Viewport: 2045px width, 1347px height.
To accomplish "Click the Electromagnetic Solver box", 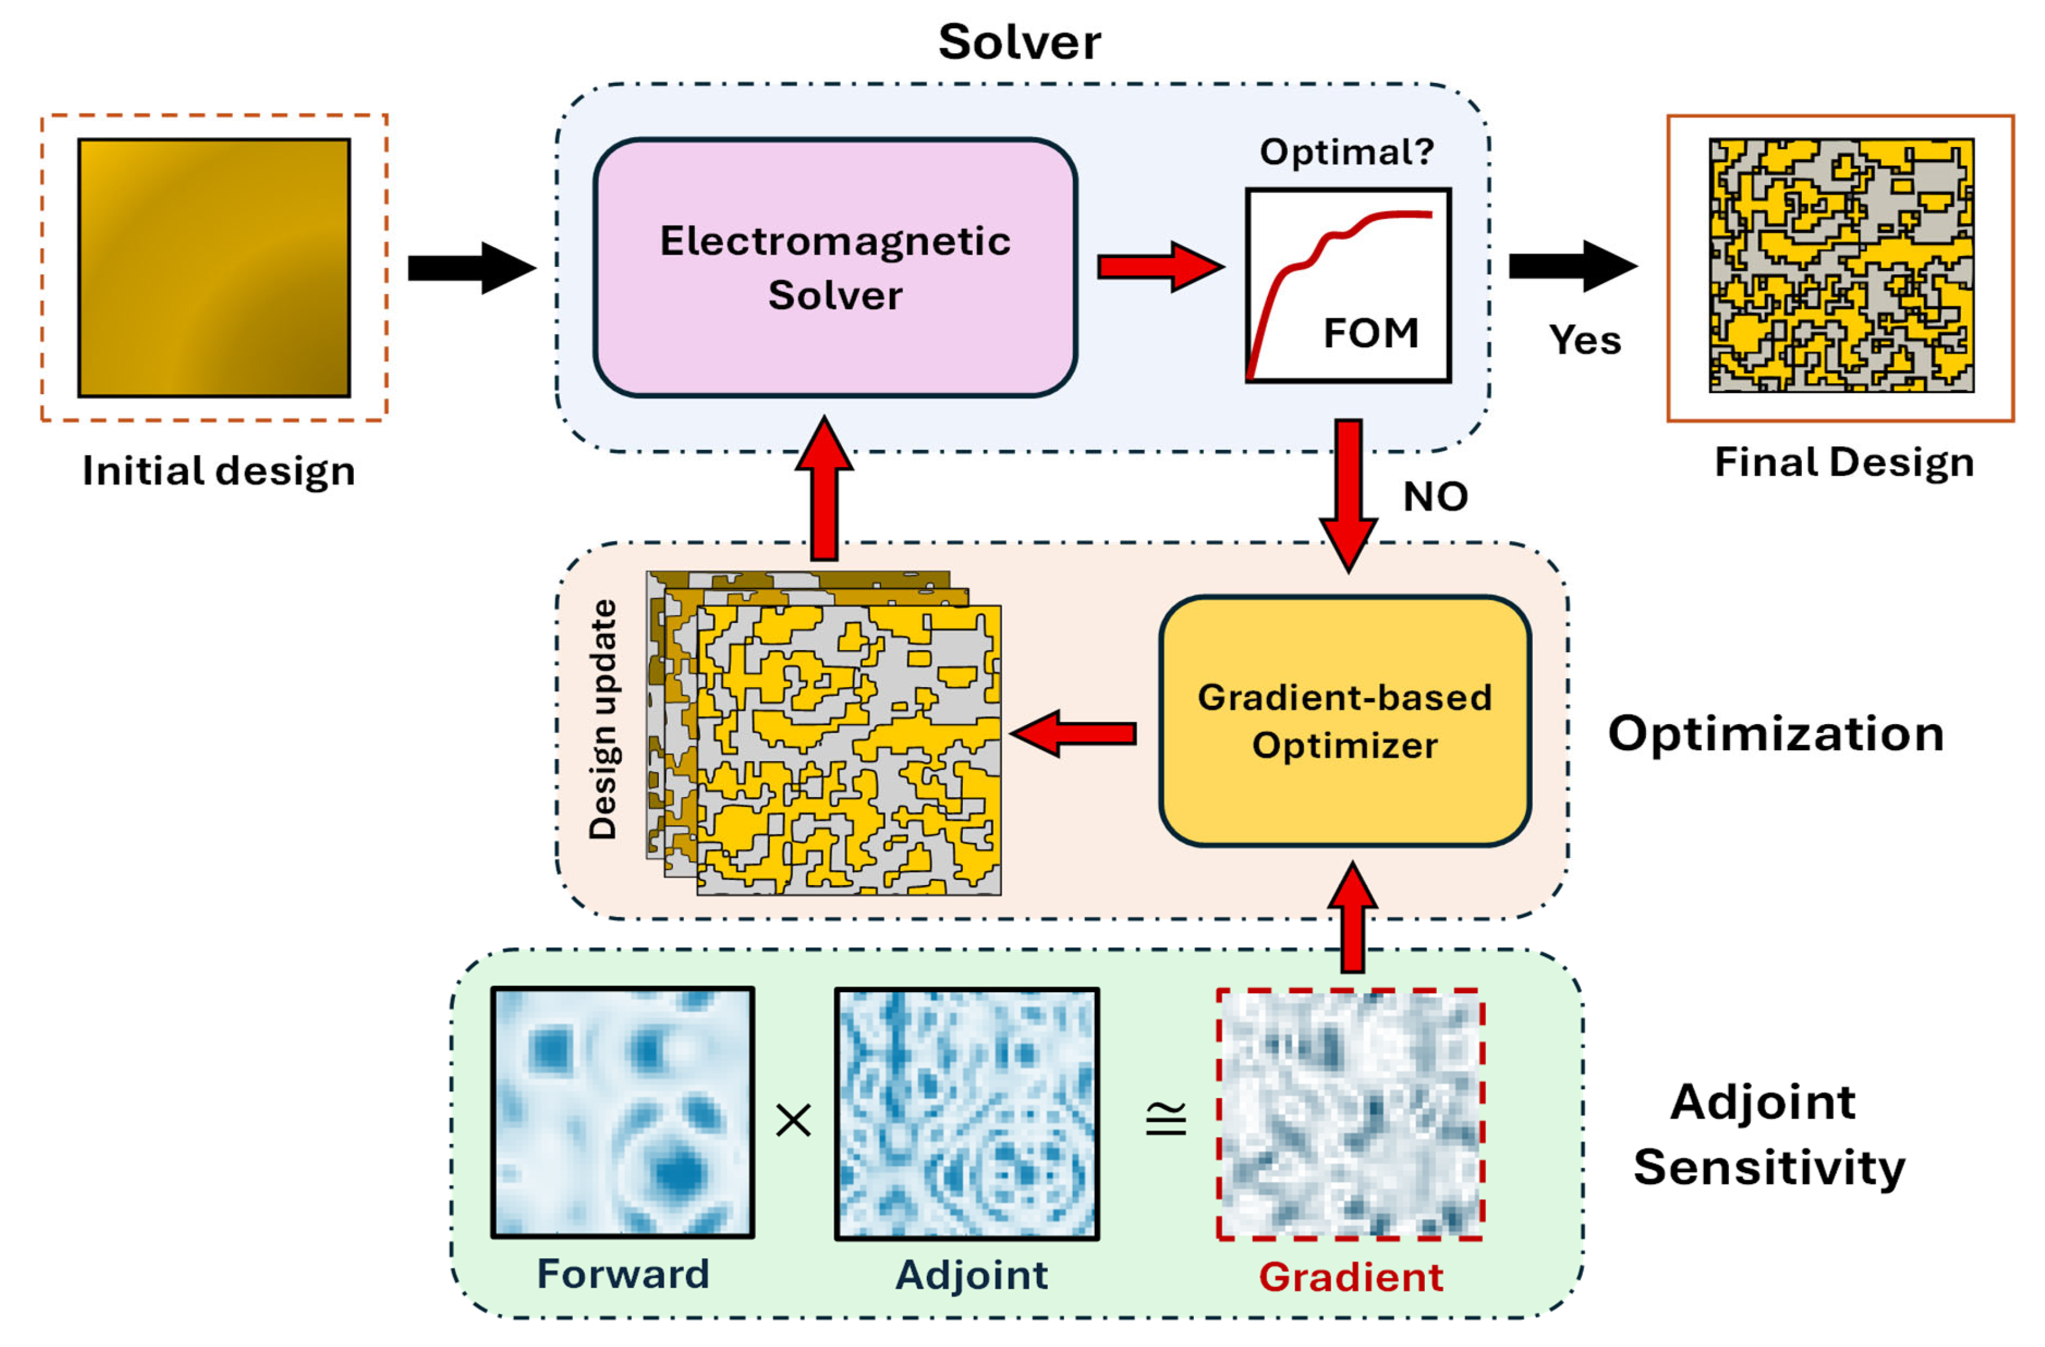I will click(834, 267).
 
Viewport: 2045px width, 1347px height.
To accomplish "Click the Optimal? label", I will click(1346, 152).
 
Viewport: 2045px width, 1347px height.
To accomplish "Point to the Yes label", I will click(1585, 340).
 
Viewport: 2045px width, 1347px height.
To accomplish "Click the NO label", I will click(1435, 497).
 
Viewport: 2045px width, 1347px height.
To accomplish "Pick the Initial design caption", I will click(218, 471).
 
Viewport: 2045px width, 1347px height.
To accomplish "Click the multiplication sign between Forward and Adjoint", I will click(793, 1120).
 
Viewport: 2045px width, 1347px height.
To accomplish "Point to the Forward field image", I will click(623, 1113).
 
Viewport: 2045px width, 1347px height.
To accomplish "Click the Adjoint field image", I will click(967, 1113).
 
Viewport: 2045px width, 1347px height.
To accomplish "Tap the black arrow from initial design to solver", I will click(471, 268).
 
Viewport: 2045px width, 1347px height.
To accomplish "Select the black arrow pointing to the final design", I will click(1573, 266).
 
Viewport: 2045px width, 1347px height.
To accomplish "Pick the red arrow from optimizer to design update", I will click(1074, 733).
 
